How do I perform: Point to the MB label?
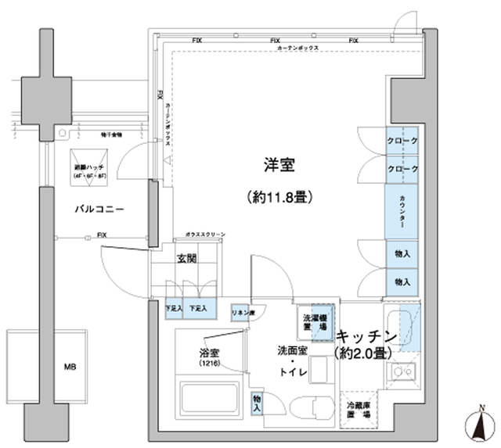70,366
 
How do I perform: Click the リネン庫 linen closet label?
241,313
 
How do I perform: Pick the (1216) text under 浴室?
208,364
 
